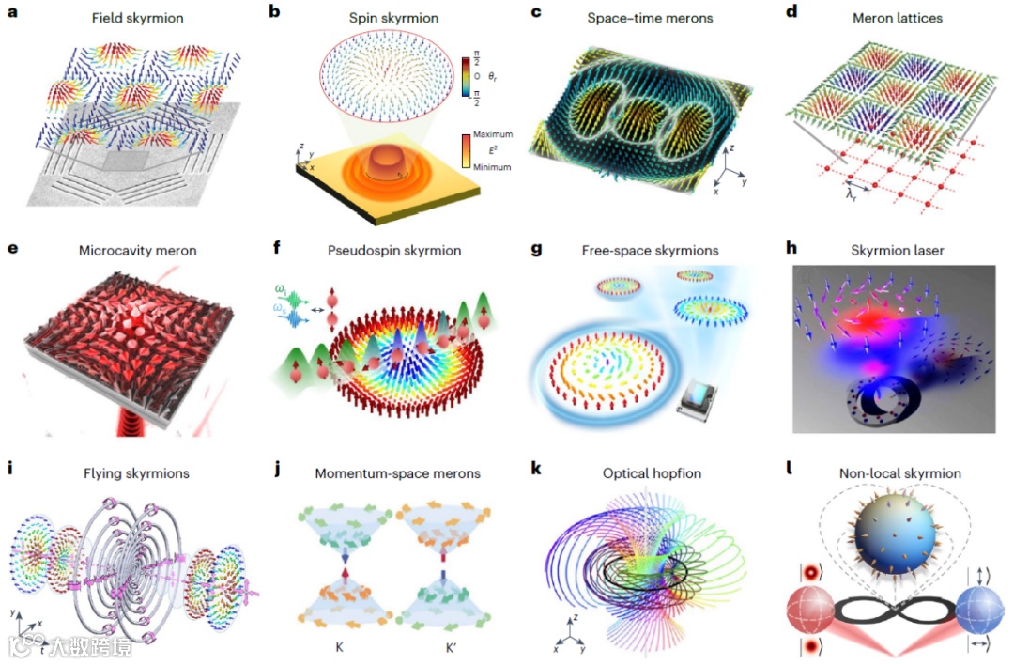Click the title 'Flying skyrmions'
[x=145, y=473]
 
